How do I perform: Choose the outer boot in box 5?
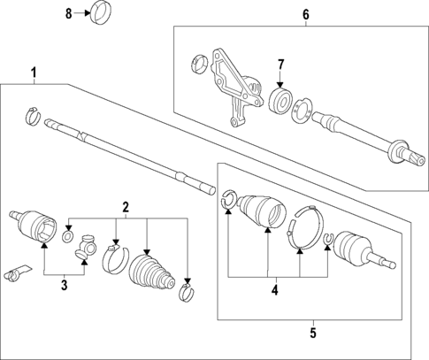(262, 213)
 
